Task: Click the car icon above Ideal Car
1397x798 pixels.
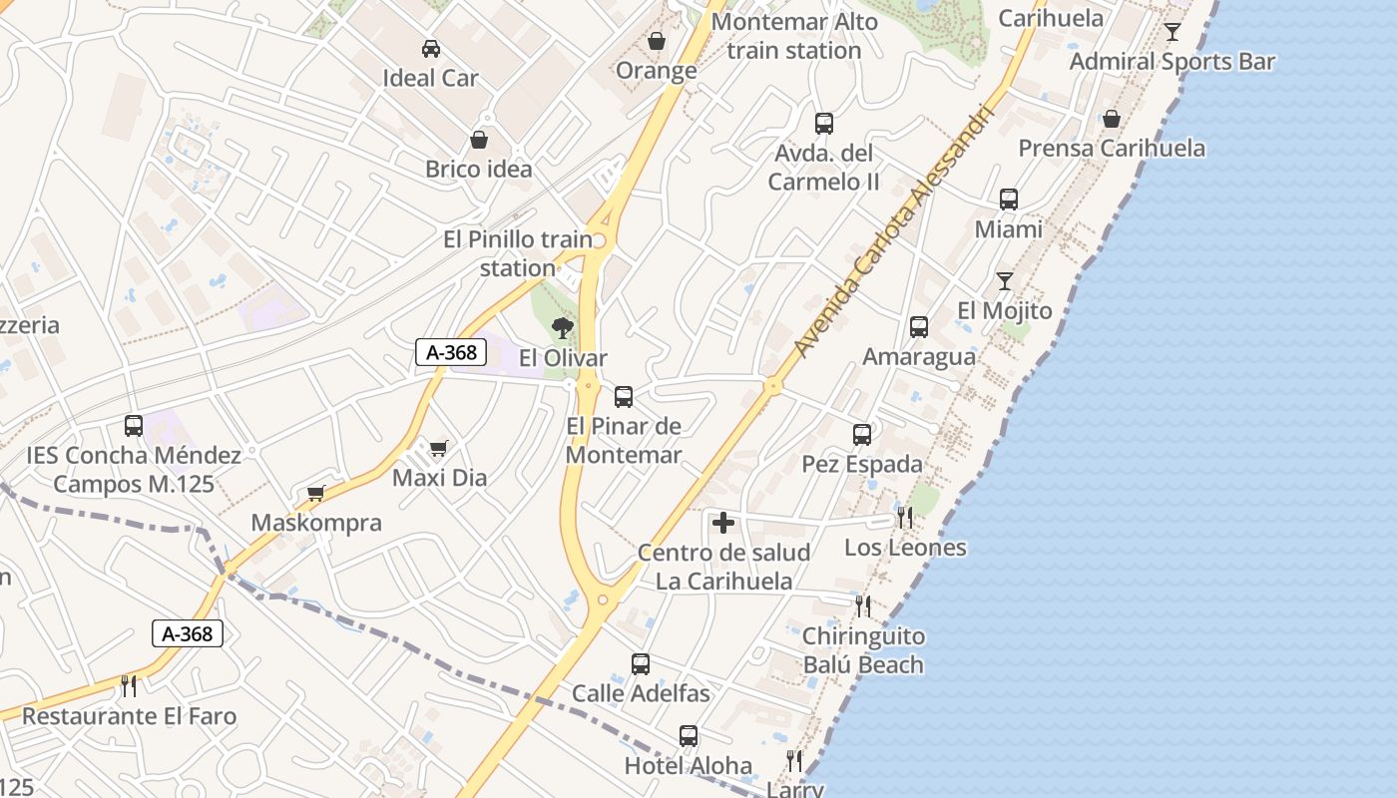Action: (431, 48)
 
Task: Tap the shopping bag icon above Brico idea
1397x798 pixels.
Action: (479, 140)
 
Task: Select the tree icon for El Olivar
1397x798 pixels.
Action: (563, 327)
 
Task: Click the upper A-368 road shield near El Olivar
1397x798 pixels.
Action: (451, 352)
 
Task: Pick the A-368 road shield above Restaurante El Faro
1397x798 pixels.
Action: (188, 633)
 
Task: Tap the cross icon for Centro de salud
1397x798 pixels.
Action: (723, 523)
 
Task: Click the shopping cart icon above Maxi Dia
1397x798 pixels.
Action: (438, 449)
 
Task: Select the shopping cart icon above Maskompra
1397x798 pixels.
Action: (316, 493)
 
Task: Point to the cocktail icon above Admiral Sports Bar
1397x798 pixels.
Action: (1172, 32)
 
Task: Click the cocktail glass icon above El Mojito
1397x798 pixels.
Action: (1005, 281)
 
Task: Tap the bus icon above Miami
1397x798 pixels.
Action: (1009, 199)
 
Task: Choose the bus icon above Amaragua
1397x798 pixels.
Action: (918, 327)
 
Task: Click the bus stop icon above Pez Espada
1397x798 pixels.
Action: (862, 435)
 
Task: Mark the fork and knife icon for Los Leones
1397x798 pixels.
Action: (905, 517)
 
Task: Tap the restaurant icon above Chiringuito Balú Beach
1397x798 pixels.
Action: (863, 605)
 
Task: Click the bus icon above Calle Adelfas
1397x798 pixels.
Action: (641, 664)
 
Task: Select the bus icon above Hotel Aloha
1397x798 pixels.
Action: (689, 737)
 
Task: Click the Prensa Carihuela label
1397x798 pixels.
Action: (1112, 149)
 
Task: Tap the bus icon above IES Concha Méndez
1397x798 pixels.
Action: (134, 426)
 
